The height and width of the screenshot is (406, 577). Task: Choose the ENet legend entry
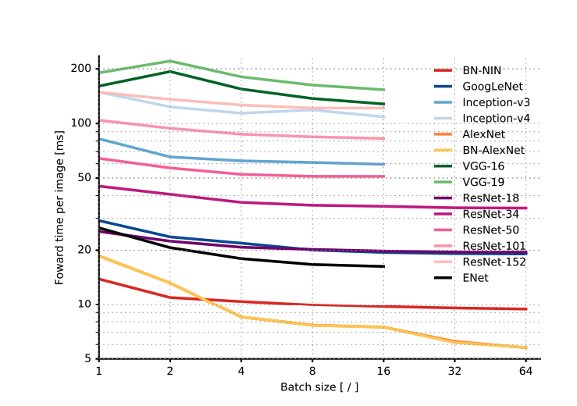(x=475, y=277)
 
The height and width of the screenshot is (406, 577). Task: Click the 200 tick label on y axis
(x=80, y=69)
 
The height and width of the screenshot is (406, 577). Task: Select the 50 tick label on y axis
(x=83, y=178)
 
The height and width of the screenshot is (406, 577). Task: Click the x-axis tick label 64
(x=526, y=372)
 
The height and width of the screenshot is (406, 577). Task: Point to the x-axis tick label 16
(x=383, y=372)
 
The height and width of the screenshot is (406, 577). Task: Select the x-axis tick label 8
(x=312, y=372)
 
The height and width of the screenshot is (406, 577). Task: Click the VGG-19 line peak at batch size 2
(x=170, y=61)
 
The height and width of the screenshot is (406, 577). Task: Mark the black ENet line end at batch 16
(x=383, y=266)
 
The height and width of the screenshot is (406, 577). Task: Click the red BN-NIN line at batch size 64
(x=526, y=308)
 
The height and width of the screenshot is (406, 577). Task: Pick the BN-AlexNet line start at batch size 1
(x=99, y=256)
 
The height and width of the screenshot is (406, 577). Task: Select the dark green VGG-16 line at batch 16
(x=383, y=104)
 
